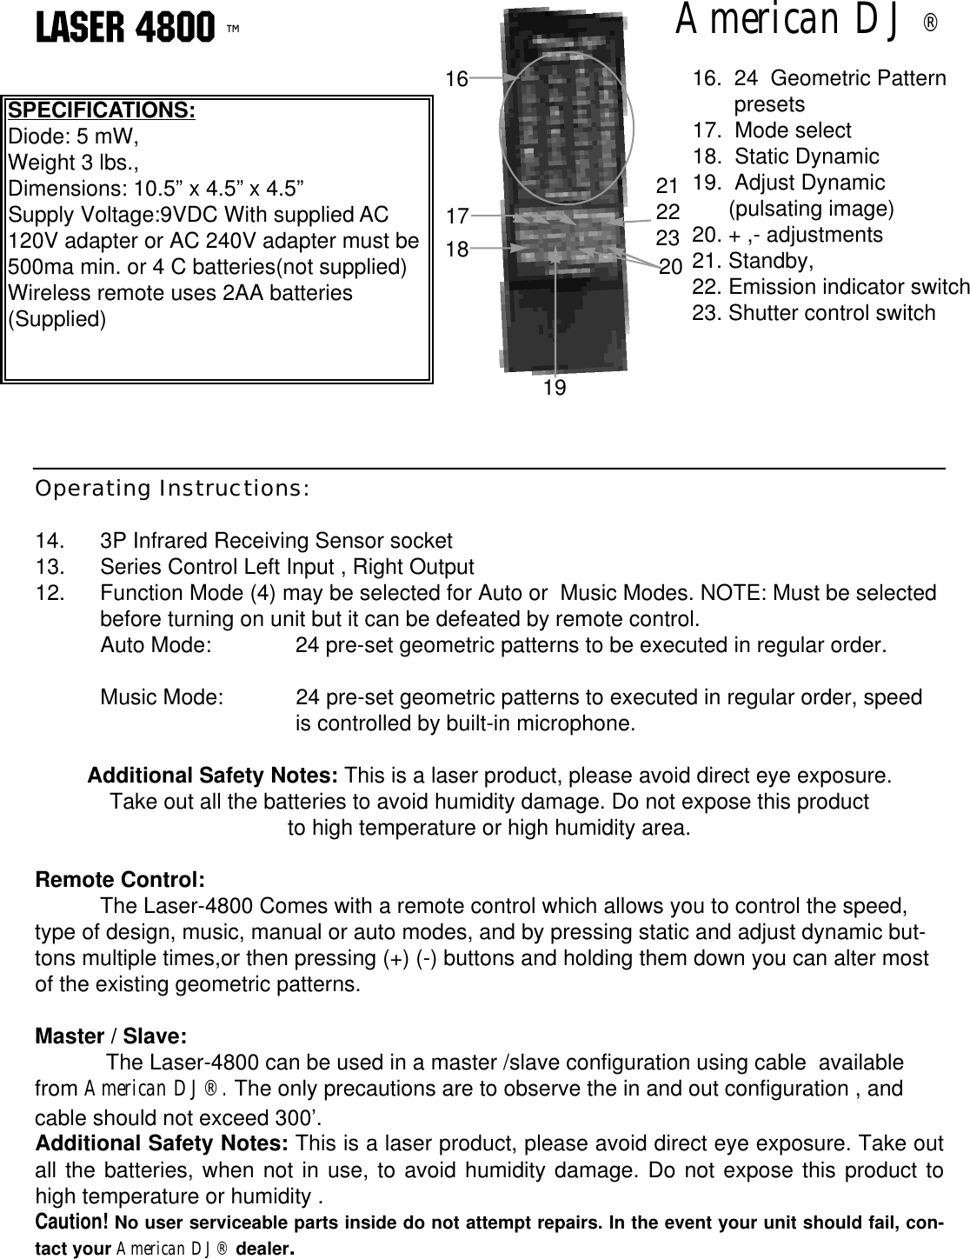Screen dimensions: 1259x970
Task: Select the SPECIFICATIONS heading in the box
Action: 101,111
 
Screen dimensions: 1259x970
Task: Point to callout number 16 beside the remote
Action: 456,80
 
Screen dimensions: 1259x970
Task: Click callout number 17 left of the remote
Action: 457,215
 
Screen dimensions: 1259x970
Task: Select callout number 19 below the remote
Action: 554,389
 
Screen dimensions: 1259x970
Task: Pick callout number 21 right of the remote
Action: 667,185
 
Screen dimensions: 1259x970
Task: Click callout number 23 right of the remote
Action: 667,237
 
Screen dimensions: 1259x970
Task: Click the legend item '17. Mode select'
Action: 772,130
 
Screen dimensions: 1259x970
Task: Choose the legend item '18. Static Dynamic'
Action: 786,157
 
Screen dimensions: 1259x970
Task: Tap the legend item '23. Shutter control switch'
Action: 814,313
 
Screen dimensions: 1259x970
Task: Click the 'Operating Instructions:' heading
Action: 171,488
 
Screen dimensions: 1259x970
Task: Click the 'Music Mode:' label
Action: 161,698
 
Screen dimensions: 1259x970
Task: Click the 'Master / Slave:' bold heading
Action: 110,1037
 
